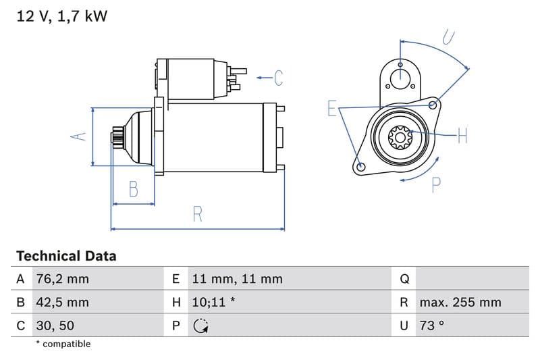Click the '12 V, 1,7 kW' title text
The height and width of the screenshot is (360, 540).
(61, 16)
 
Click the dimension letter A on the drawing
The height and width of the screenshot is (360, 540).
(79, 136)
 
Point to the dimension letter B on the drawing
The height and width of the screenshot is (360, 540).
(133, 189)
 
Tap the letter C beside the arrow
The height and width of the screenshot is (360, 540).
(278, 78)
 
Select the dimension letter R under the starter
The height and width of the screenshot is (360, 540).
(197, 214)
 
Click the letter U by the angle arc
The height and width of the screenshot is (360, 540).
(448, 37)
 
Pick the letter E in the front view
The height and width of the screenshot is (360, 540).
(332, 108)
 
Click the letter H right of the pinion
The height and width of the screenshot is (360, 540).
(462, 136)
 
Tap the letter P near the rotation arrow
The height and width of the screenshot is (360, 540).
(436, 184)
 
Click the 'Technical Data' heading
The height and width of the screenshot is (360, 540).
(66, 256)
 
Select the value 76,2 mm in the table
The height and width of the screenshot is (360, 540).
(62, 279)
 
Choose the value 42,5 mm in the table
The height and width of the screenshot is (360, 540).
(62, 303)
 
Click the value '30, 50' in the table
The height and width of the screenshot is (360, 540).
(55, 326)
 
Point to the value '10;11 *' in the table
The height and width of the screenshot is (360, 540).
(213, 303)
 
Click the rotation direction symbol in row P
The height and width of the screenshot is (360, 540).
(200, 326)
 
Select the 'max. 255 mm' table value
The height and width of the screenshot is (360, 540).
(460, 303)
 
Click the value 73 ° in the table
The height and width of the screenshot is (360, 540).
(432, 326)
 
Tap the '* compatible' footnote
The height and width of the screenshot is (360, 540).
(63, 344)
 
